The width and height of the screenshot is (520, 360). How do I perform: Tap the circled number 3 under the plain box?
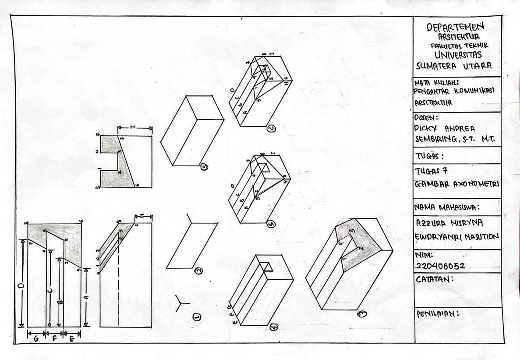(204, 167)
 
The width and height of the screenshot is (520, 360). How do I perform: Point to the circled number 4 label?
(275, 327)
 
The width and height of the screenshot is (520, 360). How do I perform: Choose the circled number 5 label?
(271, 224)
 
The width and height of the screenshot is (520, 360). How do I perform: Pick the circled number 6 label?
(271, 128)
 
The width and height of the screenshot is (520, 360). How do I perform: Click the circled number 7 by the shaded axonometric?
(362, 314)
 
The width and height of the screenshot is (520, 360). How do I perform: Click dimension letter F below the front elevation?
(55, 339)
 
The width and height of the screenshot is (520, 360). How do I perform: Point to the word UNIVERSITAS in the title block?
(458, 55)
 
